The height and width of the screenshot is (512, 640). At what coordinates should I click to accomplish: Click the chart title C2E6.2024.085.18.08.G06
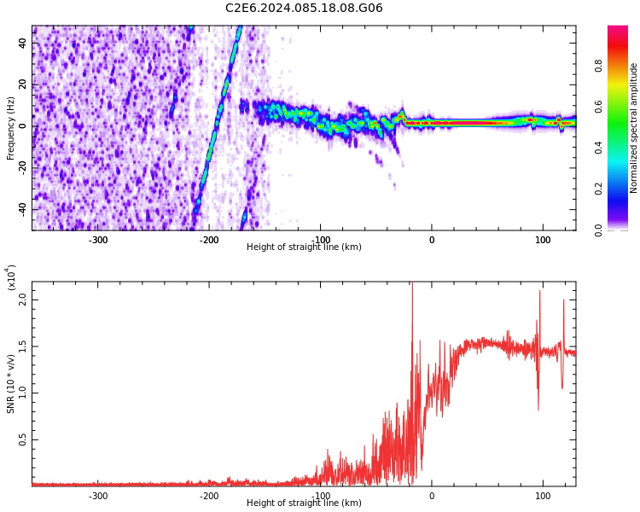(x=304, y=9)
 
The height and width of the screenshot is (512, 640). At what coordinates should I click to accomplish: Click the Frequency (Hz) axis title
(x=11, y=128)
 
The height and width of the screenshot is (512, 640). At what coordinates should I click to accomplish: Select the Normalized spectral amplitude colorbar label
(x=634, y=128)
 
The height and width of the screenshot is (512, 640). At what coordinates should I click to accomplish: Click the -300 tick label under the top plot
(x=98, y=241)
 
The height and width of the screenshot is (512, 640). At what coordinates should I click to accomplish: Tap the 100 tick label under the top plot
(x=543, y=241)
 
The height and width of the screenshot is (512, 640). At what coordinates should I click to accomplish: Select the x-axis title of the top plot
(x=304, y=247)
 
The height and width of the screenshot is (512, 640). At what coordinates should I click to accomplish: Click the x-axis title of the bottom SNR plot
(x=304, y=503)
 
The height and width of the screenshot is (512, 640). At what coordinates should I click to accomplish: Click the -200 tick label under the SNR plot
(x=209, y=496)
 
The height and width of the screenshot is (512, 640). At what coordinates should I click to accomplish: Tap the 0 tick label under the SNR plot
(x=432, y=496)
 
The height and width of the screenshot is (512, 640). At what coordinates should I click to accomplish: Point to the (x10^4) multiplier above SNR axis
(x=12, y=278)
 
